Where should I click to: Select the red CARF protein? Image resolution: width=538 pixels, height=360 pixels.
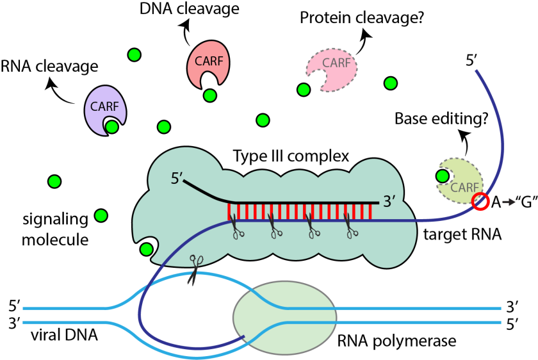(x=208, y=61)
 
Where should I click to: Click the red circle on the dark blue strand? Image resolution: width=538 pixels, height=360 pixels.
(x=480, y=202)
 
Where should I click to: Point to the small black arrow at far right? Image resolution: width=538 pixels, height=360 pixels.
(x=509, y=202)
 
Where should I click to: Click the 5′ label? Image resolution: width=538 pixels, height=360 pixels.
(x=177, y=179)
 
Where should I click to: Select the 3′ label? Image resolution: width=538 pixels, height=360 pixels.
(x=389, y=202)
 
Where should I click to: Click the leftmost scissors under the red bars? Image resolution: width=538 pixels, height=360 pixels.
(x=236, y=228)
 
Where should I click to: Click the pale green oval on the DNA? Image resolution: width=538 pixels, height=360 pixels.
(x=284, y=317)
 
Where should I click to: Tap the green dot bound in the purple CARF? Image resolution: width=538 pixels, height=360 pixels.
(x=112, y=127)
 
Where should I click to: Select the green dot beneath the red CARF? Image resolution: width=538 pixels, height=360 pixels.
(x=210, y=95)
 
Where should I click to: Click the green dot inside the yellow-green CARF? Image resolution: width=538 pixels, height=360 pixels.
(x=443, y=176)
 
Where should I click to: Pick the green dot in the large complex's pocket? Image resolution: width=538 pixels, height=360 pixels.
(x=147, y=249)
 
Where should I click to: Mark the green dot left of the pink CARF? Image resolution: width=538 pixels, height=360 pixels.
(x=304, y=90)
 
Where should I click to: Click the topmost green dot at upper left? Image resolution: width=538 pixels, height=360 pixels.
(x=134, y=55)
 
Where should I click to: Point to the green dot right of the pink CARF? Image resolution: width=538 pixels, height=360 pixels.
(x=391, y=83)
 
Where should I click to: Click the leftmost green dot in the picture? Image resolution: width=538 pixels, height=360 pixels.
(x=54, y=181)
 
